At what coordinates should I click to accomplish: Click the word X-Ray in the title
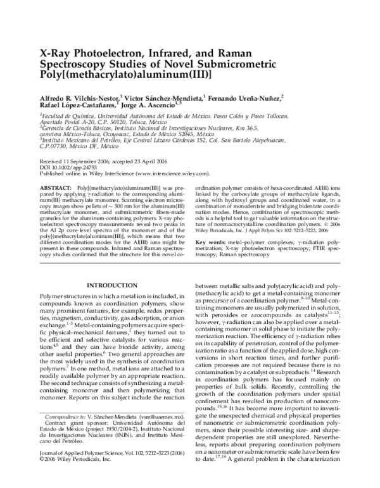[x=58, y=55]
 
